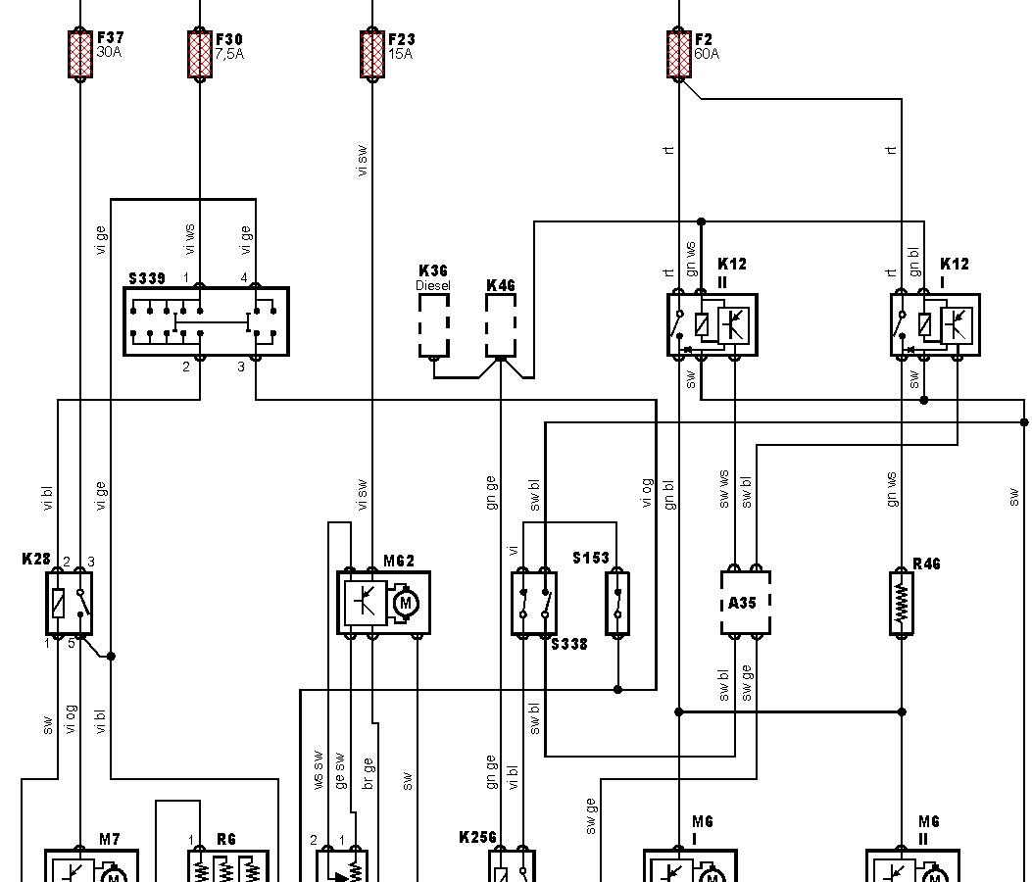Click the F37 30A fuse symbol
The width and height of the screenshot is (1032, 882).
[79, 54]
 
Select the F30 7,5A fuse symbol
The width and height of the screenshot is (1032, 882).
[199, 54]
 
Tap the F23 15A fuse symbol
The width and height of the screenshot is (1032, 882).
[372, 54]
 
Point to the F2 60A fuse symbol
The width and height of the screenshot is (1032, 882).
[678, 54]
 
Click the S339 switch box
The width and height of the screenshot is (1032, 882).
[207, 321]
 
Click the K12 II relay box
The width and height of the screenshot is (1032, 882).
[713, 324]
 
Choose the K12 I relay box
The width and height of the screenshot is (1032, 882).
[935, 324]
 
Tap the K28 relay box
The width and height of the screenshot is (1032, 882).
[70, 602]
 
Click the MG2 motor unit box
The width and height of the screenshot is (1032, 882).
[383, 603]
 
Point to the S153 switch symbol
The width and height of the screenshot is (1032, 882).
[617, 603]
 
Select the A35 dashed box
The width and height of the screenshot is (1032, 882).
[746, 603]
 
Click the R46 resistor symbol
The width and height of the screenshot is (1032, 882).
[902, 603]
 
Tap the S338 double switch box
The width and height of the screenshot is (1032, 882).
[534, 603]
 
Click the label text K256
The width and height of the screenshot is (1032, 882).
[477, 838]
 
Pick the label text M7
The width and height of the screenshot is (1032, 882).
[110, 839]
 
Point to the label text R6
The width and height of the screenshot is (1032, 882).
[226, 839]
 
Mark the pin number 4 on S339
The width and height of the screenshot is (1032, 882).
[244, 277]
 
